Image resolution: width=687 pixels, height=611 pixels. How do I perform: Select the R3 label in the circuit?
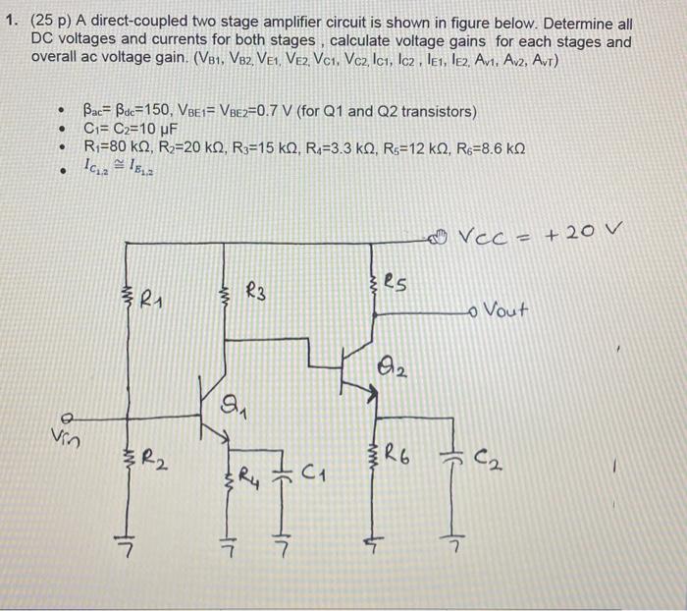point(259,290)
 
